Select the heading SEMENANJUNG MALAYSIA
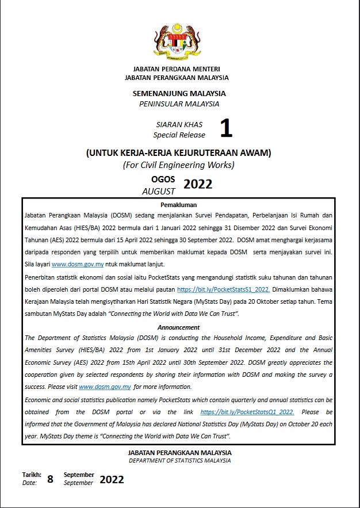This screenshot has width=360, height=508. point(179,93)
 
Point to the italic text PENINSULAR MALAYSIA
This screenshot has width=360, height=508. point(179,104)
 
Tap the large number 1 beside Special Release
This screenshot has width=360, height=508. point(226,129)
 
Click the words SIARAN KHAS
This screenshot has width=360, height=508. point(179,124)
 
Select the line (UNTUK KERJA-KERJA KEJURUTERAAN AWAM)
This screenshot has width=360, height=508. point(178,153)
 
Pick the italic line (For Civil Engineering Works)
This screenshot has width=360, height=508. point(179,165)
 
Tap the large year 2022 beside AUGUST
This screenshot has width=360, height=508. point(198,184)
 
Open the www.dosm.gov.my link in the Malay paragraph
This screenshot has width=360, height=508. point(78,264)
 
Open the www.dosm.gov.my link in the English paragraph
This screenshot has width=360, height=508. point(105,387)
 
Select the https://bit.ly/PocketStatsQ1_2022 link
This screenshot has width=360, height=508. point(247,412)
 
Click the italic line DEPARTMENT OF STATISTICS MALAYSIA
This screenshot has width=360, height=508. point(179,461)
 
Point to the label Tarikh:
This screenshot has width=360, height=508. point(32,475)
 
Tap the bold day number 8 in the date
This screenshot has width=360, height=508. point(50,479)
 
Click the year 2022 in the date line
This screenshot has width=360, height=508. point(112,479)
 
